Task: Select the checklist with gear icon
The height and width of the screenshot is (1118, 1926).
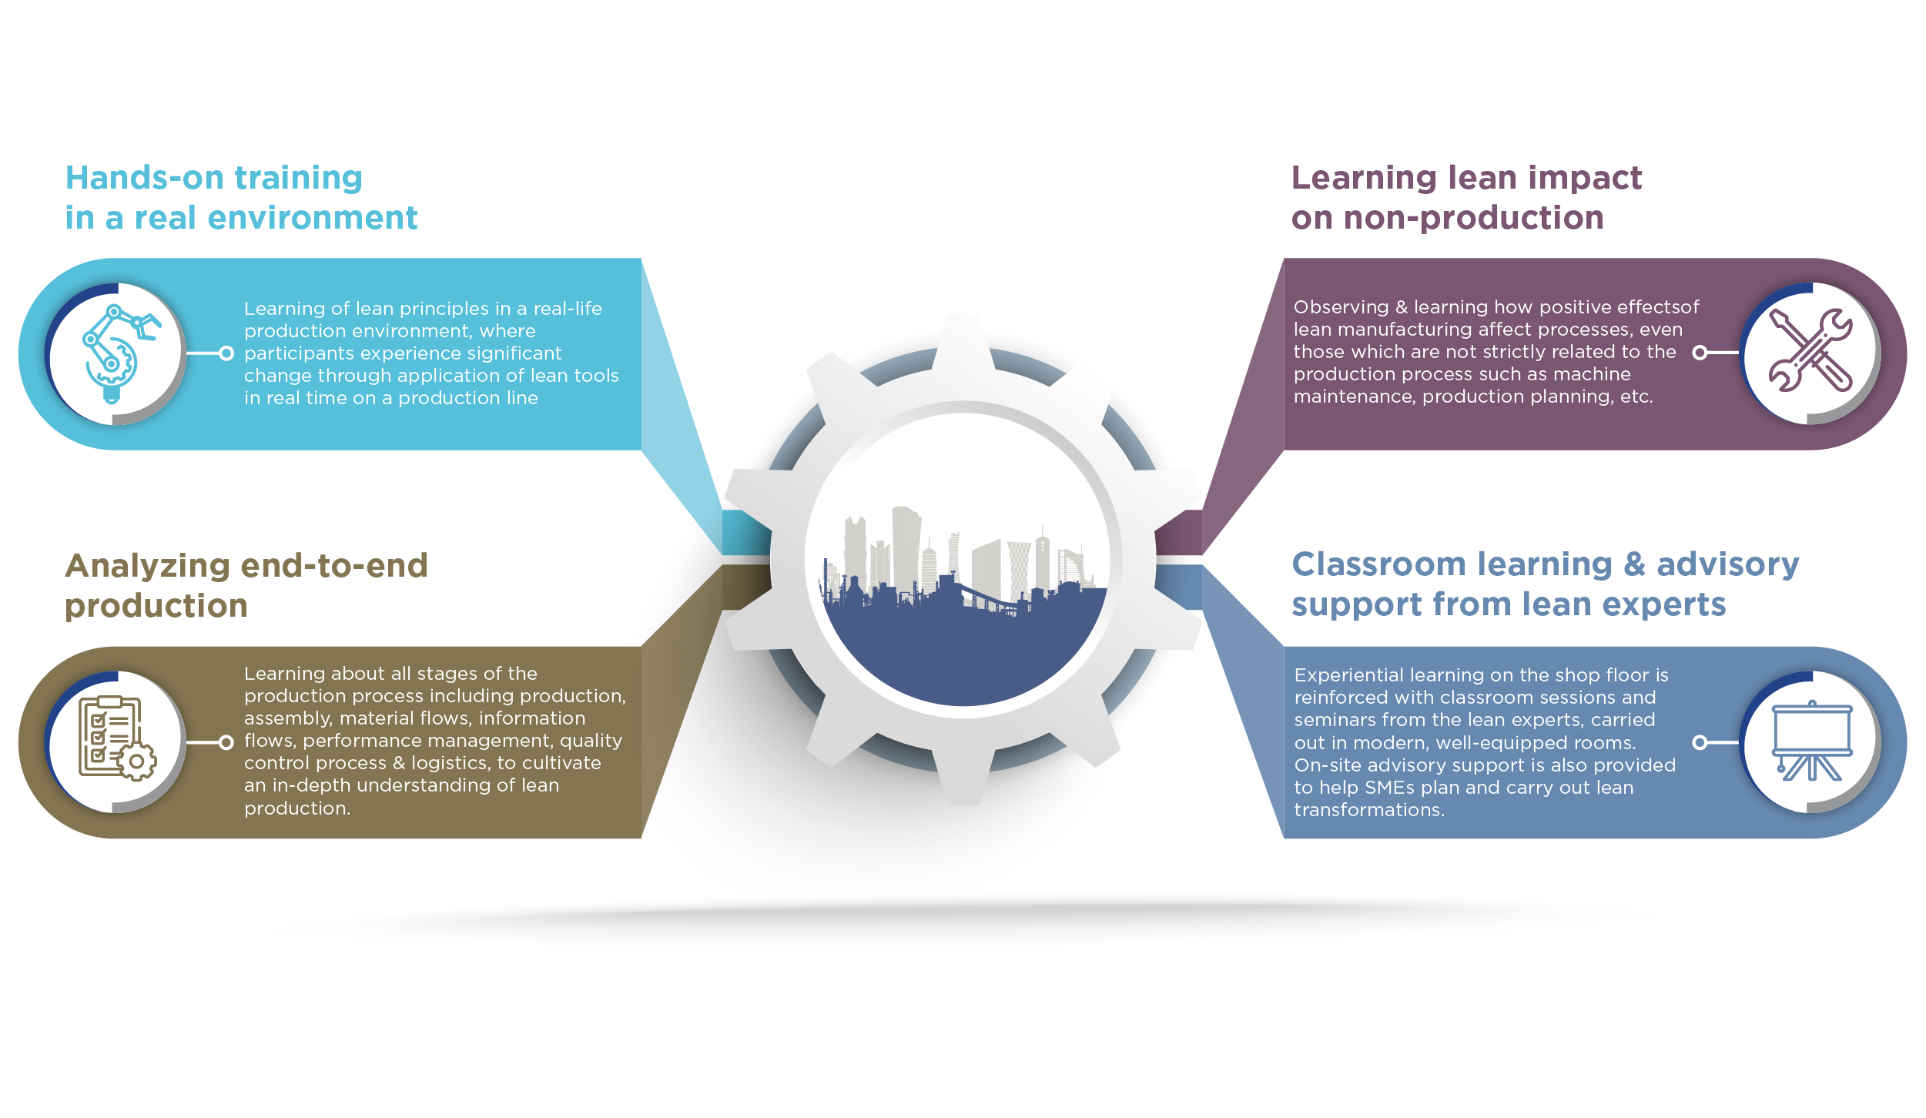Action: click(116, 739)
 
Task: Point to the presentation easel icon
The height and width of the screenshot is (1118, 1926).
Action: click(1811, 741)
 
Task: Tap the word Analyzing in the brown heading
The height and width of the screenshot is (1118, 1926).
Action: click(147, 567)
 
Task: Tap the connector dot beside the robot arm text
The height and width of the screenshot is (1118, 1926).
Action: click(226, 353)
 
